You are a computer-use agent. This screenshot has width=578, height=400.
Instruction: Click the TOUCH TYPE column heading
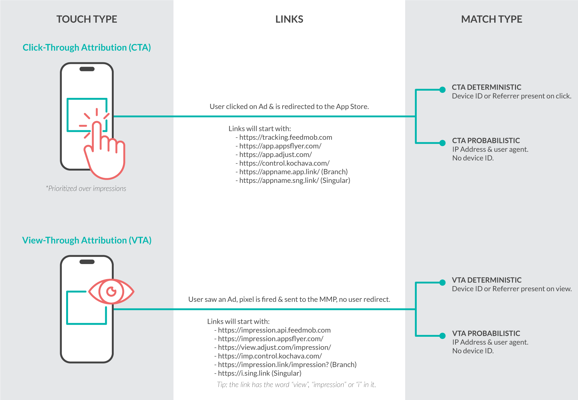[87, 19]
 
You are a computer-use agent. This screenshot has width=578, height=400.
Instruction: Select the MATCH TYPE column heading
[491, 19]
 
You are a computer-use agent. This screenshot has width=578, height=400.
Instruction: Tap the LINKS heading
[289, 19]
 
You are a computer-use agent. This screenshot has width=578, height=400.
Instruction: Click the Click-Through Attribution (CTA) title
[87, 48]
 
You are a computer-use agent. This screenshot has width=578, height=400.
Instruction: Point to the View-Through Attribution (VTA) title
[87, 240]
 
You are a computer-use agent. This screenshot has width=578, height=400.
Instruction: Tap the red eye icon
[111, 291]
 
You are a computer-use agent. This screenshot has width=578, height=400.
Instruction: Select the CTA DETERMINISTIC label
[486, 87]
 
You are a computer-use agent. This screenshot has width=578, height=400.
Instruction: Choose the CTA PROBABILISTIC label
[486, 141]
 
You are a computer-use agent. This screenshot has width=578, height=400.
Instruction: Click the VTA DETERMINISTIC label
[487, 280]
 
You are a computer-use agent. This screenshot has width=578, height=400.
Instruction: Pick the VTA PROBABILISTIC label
[486, 334]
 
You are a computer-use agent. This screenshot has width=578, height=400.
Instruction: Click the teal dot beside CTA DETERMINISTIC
[442, 90]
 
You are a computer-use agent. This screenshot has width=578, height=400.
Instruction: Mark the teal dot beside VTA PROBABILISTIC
[442, 336]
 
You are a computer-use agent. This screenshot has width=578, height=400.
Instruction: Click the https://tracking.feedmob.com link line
[285, 138]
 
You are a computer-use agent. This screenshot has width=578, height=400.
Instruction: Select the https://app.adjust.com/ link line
[275, 155]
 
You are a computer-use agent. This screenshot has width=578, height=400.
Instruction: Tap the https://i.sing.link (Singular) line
[259, 374]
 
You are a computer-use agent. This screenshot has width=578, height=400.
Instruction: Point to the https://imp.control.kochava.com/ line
[270, 356]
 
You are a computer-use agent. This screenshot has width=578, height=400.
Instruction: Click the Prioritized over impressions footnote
[86, 189]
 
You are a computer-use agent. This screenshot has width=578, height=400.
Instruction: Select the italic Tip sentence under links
[296, 385]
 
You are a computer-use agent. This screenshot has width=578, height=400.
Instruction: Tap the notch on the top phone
[87, 69]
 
